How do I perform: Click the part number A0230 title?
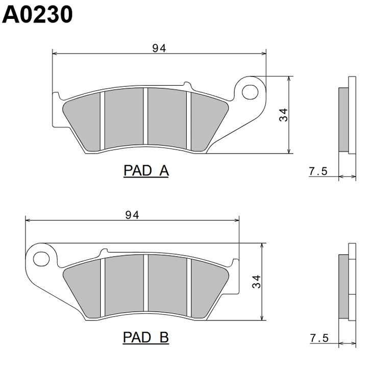[x=37, y=14]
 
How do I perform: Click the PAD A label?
[x=146, y=170]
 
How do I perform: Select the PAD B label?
[x=146, y=337]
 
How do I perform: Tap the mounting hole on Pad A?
[x=250, y=92]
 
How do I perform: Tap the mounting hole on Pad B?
[x=41, y=259]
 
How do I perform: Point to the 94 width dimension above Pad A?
[x=159, y=48]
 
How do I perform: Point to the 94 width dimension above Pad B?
[x=132, y=215]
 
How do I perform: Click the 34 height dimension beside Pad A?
[x=283, y=115]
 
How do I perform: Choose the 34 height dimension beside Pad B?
[x=257, y=282]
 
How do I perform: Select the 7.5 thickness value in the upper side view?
[x=318, y=171]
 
